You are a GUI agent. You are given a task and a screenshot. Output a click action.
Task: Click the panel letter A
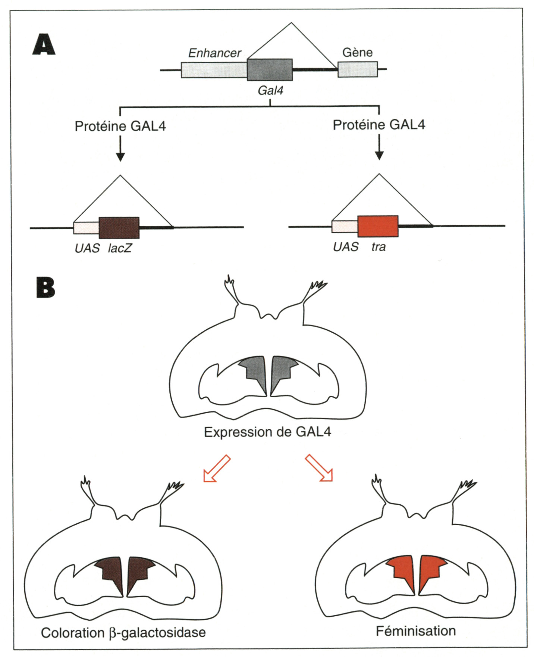pos(44,45)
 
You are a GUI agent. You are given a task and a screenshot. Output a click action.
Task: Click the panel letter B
pos(45,287)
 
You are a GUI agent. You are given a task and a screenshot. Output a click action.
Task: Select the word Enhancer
pos(214,53)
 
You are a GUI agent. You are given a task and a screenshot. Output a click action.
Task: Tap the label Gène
pos(357,52)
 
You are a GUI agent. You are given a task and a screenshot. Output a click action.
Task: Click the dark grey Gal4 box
pos(270,69)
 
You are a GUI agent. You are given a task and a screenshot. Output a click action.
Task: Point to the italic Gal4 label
pos(270,90)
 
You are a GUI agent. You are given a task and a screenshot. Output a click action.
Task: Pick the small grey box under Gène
pos(358,69)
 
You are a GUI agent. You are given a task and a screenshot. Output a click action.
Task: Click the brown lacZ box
pos(119,228)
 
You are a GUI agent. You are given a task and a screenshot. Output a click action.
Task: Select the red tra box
pos(378,226)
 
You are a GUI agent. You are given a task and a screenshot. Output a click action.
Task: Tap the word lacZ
pos(120,248)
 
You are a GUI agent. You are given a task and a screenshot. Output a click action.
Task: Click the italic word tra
pos(378,247)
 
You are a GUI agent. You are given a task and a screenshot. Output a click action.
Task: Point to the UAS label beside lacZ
pos(87,248)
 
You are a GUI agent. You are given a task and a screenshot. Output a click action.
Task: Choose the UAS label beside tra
pos(346,247)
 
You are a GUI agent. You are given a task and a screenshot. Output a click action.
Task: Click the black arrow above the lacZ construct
pos(120,149)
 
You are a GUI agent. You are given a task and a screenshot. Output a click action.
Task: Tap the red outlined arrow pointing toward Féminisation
pos(319,468)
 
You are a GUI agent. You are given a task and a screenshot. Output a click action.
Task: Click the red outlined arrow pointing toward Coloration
pos(216,469)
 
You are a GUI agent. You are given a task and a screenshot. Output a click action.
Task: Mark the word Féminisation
pos(415,631)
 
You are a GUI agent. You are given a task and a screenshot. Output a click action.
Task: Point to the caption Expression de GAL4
pos(267,432)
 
